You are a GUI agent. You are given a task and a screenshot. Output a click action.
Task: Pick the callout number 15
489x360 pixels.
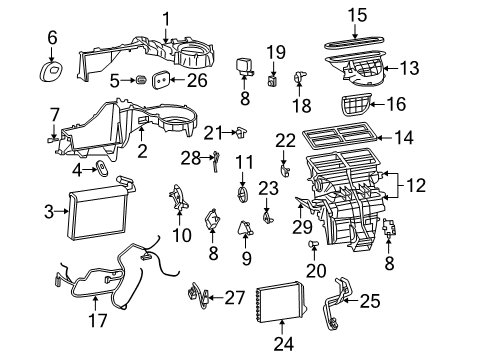[357, 14]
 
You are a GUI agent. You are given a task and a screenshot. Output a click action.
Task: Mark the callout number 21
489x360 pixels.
[211, 134]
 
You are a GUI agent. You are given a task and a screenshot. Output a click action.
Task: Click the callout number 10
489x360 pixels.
[182, 235]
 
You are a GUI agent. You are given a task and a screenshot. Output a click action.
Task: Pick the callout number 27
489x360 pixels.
[233, 296]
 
